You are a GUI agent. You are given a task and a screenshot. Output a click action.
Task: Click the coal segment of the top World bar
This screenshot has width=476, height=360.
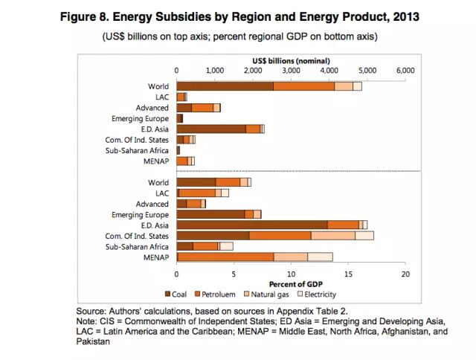[x=225, y=86]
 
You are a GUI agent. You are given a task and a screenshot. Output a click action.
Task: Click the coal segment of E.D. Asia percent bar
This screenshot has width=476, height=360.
[x=252, y=225]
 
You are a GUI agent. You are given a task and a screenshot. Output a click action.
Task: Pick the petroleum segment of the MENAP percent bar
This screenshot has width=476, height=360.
[x=226, y=257]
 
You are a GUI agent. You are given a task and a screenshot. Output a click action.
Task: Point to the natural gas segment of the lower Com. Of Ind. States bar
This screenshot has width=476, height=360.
[x=332, y=235]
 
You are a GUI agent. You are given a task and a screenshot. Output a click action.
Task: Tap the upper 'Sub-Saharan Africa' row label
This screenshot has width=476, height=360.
[x=138, y=150]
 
